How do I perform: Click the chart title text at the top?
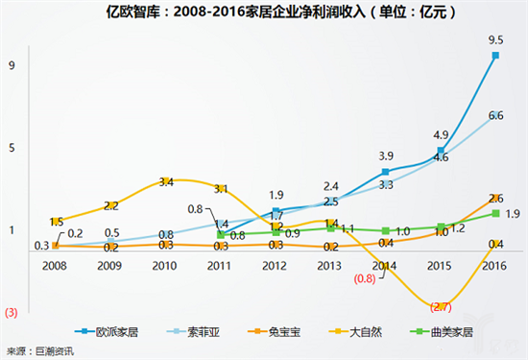click(x=264, y=12)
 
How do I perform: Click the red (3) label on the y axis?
click(x=11, y=312)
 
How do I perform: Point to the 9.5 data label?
click(x=496, y=40)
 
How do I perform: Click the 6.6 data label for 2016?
click(x=496, y=115)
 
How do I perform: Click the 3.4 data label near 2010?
click(x=166, y=180)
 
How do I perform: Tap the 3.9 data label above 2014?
click(x=386, y=156)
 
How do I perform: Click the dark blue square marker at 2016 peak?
click(x=495, y=56)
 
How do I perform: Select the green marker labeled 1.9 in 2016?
click(x=495, y=213)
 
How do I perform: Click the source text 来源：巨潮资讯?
click(x=39, y=350)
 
